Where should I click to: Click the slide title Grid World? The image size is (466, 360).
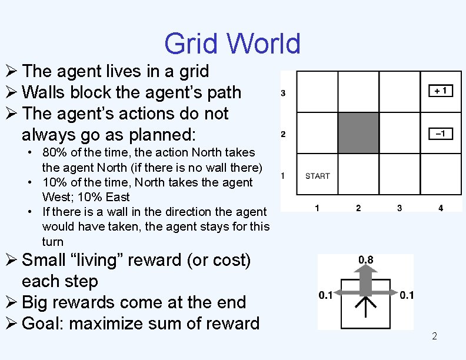(232, 44)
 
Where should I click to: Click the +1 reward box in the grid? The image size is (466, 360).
(441, 91)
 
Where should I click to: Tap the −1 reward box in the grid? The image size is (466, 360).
(441, 134)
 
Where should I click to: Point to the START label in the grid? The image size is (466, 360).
(318, 176)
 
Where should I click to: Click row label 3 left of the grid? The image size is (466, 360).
(283, 93)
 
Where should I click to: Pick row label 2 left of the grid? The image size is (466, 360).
(283, 135)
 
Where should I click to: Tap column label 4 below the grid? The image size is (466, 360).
(441, 208)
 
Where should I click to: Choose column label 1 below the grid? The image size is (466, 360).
(317, 208)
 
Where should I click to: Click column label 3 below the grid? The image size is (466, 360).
(400, 208)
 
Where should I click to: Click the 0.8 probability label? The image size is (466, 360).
(366, 260)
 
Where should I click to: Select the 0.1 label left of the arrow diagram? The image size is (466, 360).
(325, 295)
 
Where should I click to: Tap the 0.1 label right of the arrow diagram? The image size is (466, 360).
(407, 295)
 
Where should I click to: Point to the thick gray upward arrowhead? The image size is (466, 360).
(366, 272)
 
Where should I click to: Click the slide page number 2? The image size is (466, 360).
(434, 336)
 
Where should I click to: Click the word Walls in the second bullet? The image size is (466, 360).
(44, 92)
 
